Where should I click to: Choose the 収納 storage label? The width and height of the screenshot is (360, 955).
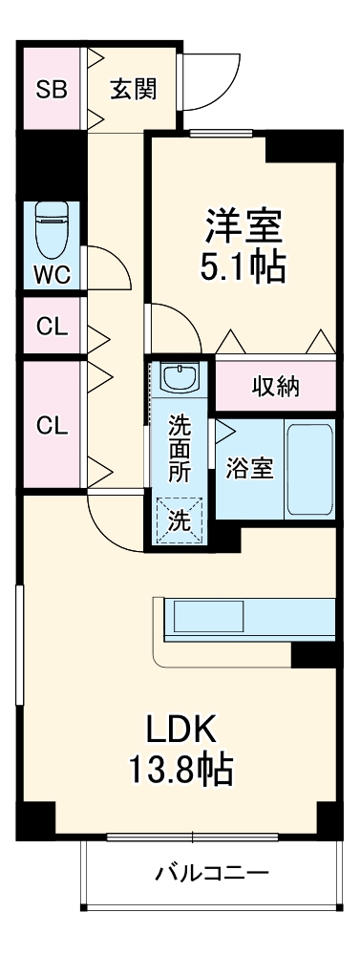point(276,386)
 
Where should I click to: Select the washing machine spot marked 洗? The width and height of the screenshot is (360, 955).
point(180,521)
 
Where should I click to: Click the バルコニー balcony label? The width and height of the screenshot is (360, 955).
point(211,872)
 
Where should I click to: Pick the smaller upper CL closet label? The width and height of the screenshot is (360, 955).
point(52,327)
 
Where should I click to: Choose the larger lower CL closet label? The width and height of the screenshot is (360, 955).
point(52,426)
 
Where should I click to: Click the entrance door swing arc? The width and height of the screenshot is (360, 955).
point(212,80)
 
